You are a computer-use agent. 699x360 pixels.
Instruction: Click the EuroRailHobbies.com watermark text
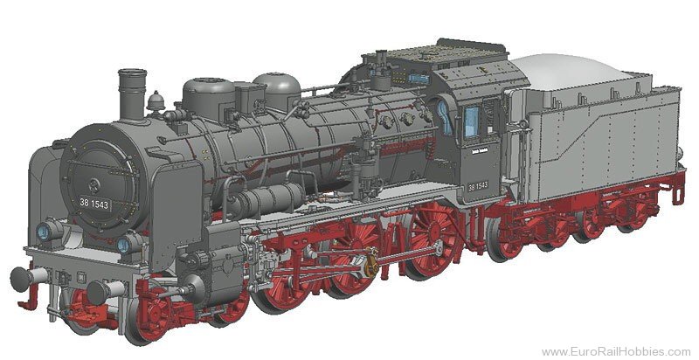615,351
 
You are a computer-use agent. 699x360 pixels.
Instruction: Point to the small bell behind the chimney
156,102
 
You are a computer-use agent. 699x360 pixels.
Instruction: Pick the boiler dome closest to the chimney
204,94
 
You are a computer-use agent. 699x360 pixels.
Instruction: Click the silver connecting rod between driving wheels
384,258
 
